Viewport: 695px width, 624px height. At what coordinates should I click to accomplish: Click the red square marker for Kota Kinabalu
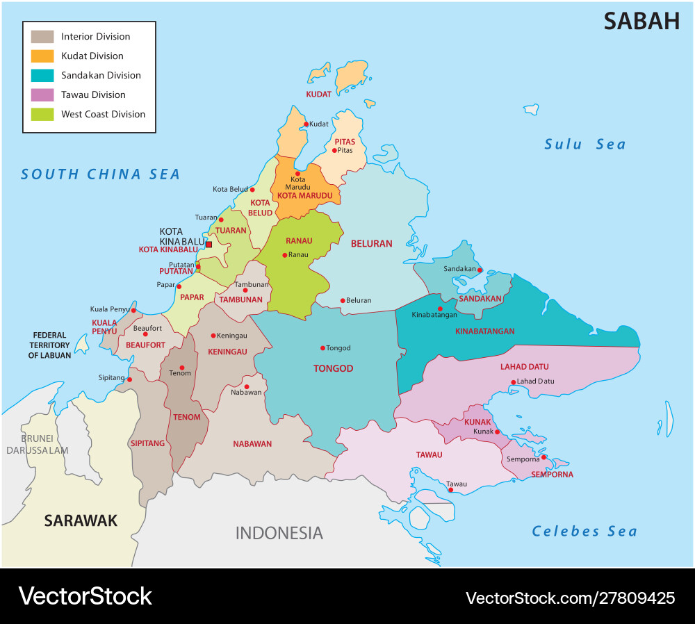coord(208,245)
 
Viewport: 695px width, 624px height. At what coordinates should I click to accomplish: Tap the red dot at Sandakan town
coord(480,270)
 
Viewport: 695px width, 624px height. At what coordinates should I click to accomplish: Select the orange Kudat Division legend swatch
coord(42,56)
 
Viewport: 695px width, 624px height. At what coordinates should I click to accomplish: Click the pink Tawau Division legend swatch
coord(42,95)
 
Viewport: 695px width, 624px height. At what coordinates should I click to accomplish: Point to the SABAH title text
coord(641,22)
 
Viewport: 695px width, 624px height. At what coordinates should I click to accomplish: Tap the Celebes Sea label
coord(584,532)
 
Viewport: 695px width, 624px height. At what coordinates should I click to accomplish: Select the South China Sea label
coord(100,174)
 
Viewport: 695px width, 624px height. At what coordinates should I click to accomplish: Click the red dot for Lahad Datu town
coord(513,382)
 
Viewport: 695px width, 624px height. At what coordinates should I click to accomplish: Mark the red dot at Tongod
coord(322,348)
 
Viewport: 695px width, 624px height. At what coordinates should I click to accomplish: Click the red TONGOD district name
coord(333,368)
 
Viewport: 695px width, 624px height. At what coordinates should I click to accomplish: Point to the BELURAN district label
coord(371,244)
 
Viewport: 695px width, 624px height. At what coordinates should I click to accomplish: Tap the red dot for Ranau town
coord(284,255)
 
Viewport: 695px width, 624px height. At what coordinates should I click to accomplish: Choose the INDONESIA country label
coord(279,533)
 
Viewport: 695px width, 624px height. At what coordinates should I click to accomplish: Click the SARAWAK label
coord(81,520)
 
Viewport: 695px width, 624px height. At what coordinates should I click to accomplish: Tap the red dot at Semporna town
coord(543,457)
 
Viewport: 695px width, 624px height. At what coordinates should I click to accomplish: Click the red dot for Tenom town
coord(181,368)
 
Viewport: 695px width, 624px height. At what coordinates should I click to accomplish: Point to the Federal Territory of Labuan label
coord(49,345)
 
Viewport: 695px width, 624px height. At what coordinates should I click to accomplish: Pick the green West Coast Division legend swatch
coord(42,115)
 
